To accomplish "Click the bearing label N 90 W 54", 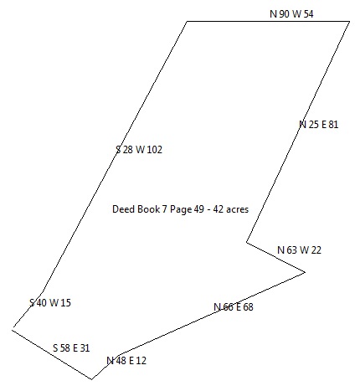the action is [291, 13].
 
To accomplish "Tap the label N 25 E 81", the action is [318, 124].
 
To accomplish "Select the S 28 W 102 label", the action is [139, 150].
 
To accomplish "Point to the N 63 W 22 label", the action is [299, 250].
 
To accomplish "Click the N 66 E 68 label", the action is [234, 307].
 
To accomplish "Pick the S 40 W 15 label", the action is [50, 302].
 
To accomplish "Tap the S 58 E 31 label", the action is [71, 348].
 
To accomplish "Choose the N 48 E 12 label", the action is [126, 361].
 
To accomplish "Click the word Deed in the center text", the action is [121, 209].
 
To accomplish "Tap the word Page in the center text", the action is [181, 209].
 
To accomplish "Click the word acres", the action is [237, 209].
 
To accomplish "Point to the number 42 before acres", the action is [218, 209].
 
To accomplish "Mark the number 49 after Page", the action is [199, 209].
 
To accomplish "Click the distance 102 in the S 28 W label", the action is [155, 150].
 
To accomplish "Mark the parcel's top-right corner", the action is [349, 21].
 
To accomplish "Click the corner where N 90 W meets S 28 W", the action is [187, 21].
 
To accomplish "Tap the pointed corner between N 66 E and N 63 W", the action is [305, 272].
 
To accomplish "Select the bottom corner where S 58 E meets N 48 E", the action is [91, 379].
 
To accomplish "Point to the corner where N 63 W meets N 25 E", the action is [247, 242].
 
